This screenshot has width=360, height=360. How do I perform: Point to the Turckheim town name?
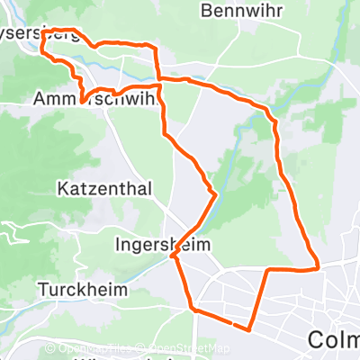[83, 291]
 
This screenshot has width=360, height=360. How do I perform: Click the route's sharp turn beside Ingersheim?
[171, 257]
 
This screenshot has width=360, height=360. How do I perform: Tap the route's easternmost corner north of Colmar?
[319, 266]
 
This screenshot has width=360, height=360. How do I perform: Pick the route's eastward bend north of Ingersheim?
[215, 193]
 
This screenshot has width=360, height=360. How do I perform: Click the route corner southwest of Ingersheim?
[191, 309]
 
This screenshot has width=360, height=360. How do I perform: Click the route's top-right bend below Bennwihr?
[267, 110]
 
